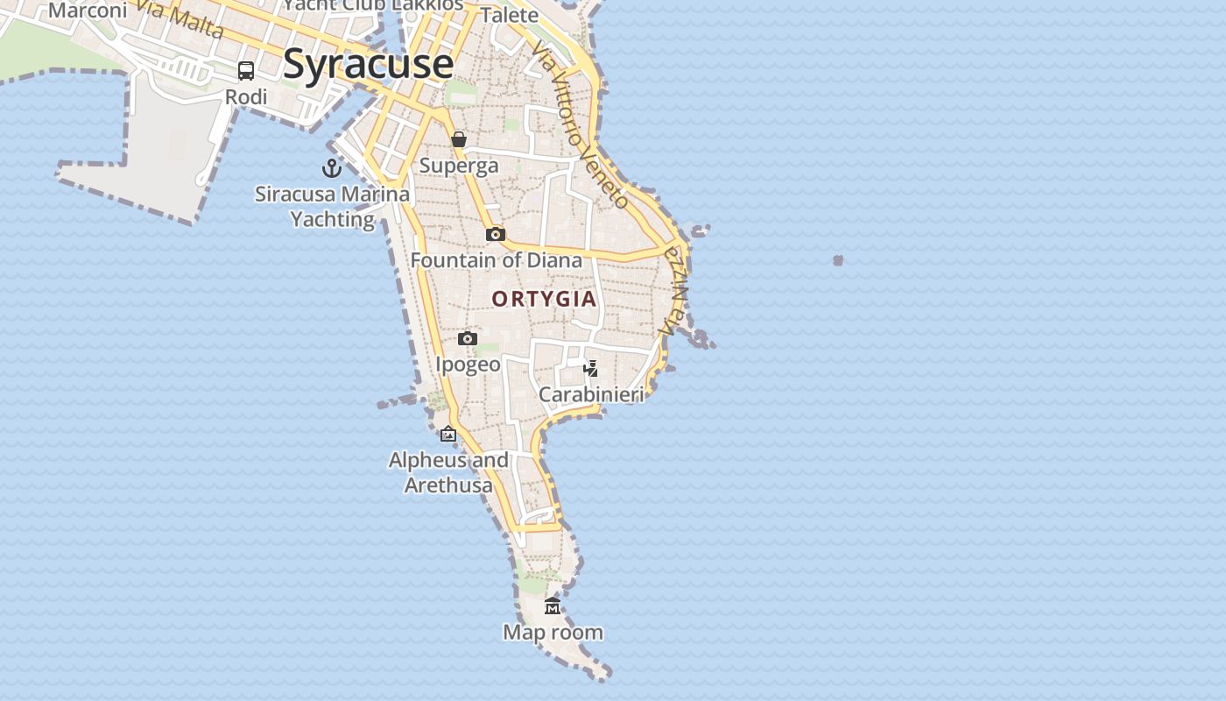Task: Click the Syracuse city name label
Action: click(368, 64)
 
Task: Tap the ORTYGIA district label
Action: click(544, 299)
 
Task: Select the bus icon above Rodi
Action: click(246, 71)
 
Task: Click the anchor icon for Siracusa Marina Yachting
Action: click(332, 168)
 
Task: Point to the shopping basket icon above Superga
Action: click(459, 139)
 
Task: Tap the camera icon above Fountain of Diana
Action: click(496, 234)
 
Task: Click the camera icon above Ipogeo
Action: click(468, 338)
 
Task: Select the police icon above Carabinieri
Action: click(591, 368)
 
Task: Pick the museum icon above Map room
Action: click(553, 605)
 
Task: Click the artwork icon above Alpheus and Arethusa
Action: click(448, 434)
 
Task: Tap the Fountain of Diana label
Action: click(496, 260)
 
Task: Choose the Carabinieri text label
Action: click(591, 394)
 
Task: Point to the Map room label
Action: click(553, 632)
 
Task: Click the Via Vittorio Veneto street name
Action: click(580, 127)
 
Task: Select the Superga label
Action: click(459, 166)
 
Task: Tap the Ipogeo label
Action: click(469, 365)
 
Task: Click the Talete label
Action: click(510, 15)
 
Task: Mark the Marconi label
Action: click(88, 11)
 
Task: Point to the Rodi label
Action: click(246, 97)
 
